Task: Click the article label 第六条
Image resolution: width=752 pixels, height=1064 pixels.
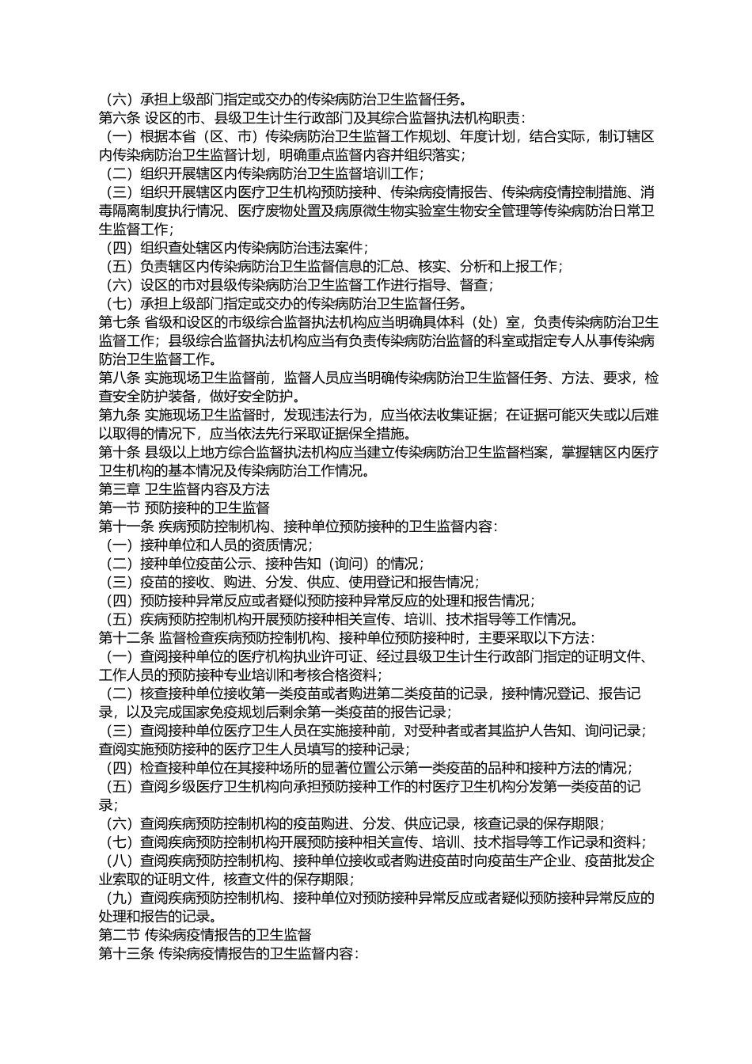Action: [119, 118]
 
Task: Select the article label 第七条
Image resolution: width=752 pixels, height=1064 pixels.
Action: [119, 322]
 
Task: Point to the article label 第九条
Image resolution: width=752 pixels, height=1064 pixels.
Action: [119, 415]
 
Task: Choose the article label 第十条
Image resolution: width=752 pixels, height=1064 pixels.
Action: [119, 452]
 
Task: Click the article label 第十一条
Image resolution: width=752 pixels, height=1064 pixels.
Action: [126, 526]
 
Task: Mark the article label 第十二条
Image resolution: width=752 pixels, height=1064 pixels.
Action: [126, 638]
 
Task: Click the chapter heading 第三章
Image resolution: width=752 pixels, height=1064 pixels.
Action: [119, 489]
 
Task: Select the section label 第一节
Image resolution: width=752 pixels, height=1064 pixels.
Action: [119, 507]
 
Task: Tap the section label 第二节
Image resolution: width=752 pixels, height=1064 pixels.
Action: [119, 935]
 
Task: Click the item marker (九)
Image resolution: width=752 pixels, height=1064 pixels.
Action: [119, 898]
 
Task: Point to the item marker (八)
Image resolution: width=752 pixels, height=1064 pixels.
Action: [119, 861]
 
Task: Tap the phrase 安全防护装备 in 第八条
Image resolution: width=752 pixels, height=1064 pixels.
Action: [161, 397]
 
